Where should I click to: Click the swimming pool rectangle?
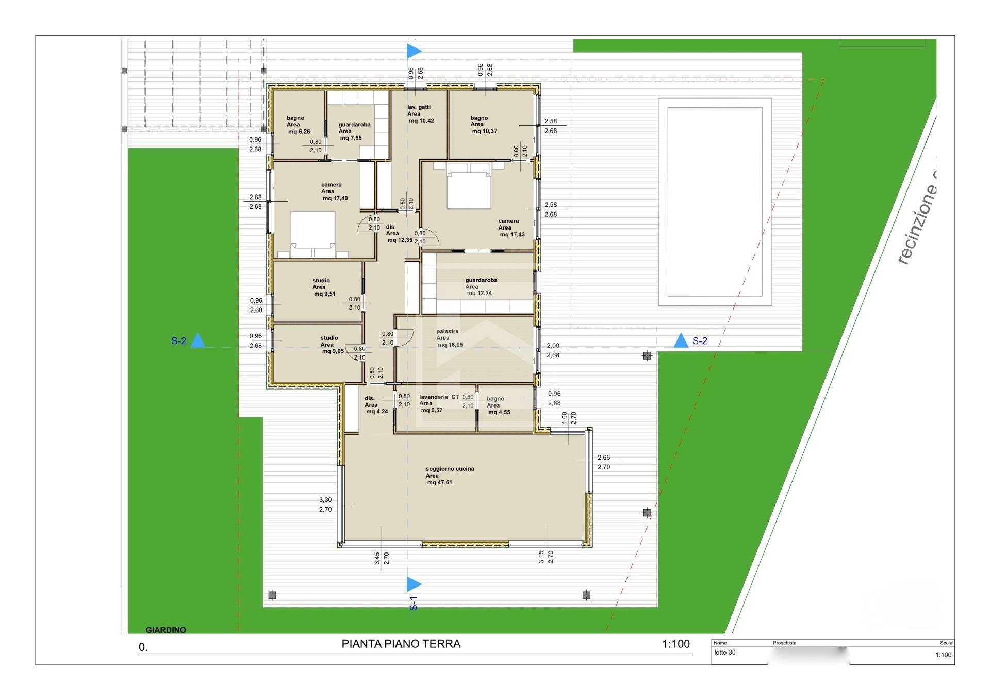[715, 202]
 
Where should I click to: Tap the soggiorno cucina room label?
[450, 469]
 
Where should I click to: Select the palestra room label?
[447, 331]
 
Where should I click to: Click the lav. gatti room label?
[419, 107]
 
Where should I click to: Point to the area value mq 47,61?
[439, 483]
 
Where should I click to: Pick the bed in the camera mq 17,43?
[468, 186]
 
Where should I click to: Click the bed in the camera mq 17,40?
[313, 234]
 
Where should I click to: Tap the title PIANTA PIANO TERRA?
[401, 644]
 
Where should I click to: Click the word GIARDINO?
[166, 630]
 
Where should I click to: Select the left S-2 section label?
[178, 341]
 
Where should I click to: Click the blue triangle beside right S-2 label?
[681, 340]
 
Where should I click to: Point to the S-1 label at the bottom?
[413, 604]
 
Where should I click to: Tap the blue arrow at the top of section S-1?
[414, 51]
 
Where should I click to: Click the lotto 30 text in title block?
[725, 653]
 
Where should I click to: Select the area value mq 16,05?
[450, 345]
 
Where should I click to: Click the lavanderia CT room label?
[439, 397]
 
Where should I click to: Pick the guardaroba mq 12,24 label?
[481, 280]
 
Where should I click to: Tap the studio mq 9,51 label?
[321, 281]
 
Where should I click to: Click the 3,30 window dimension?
[325, 500]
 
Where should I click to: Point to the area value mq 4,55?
[499, 412]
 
